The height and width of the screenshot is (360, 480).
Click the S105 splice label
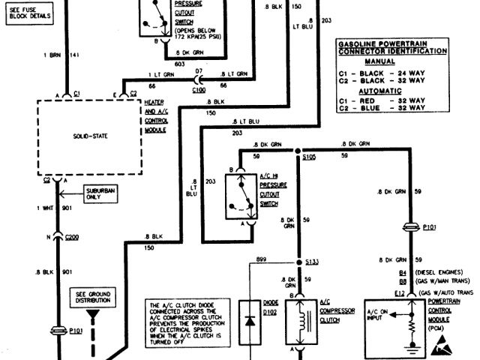click(309, 158)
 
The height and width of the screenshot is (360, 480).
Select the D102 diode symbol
click(250, 320)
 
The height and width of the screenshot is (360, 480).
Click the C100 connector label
click(198, 90)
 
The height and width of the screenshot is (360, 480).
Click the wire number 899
click(261, 259)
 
